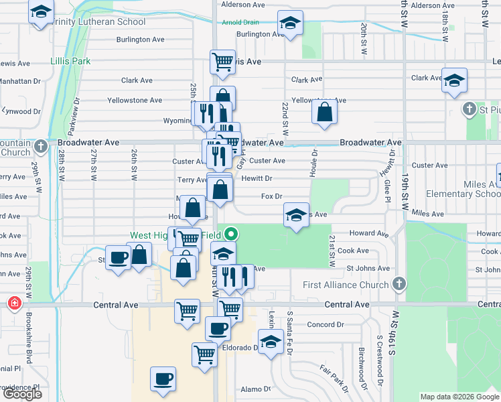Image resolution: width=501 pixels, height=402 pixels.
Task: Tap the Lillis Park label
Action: (70, 61)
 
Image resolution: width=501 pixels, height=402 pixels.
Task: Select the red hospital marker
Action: (14, 304)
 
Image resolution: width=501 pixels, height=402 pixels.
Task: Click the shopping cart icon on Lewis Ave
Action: (222, 62)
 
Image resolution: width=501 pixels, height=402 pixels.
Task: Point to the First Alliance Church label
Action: (346, 285)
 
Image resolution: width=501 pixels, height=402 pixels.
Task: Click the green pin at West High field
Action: (232, 234)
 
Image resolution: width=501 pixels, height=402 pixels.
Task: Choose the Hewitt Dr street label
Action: (257, 179)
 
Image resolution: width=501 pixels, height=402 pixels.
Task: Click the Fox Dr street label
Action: (271, 196)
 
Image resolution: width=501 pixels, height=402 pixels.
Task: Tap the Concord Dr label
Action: (325, 324)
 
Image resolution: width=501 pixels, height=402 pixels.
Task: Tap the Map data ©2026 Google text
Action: (459, 397)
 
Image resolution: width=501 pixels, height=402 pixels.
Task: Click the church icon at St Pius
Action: (472, 108)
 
